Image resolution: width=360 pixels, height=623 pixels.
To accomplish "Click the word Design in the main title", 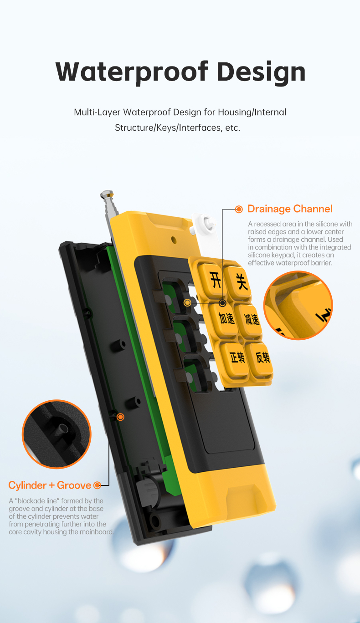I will tap(261, 71).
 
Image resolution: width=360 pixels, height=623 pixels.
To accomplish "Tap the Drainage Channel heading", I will tap(290, 209).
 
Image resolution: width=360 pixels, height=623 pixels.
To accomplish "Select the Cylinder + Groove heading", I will tap(50, 485).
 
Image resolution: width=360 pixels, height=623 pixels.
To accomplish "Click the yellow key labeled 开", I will tap(215, 280).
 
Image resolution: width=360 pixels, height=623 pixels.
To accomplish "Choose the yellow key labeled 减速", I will tap(252, 320).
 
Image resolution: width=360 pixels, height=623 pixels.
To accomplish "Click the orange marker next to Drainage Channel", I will tap(239, 209).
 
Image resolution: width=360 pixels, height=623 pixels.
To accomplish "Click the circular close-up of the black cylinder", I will tap(57, 434).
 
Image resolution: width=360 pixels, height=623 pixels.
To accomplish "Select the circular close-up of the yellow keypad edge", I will tap(298, 306).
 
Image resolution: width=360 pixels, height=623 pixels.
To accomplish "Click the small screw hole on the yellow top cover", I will tap(174, 239).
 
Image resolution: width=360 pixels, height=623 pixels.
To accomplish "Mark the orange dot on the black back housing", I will tap(120, 417).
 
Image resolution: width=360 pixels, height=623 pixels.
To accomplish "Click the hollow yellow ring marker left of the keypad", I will tap(187, 303).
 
